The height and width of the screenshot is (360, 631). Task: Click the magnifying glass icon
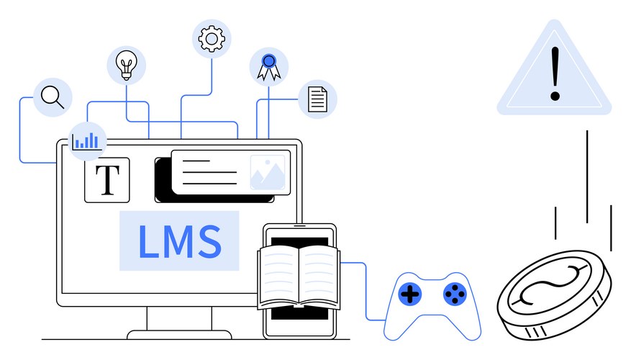(52, 96)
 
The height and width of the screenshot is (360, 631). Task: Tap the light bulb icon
(126, 65)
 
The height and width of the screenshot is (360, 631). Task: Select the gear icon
(212, 37)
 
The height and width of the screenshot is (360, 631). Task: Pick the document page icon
(317, 97)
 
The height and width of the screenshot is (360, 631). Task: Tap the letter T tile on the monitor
(107, 180)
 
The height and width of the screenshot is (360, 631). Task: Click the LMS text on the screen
(179, 241)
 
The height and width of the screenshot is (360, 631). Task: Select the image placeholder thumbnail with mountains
(269, 173)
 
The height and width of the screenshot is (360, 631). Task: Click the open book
(299, 276)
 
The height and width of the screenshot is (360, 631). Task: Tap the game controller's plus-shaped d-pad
(410, 294)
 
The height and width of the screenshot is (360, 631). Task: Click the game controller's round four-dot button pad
(453, 293)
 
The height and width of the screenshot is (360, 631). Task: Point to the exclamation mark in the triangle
(554, 74)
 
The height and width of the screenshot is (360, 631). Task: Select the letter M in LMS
(180, 241)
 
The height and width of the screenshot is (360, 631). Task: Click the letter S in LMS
(209, 241)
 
